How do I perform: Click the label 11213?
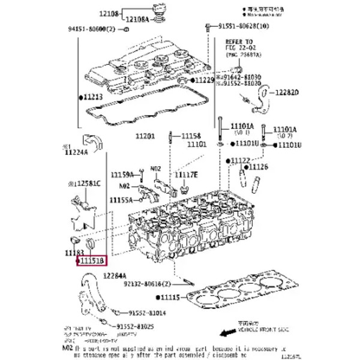pyautogui.click(x=92, y=96)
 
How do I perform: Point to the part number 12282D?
pyautogui.click(x=287, y=93)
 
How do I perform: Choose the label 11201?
pyautogui.click(x=145, y=136)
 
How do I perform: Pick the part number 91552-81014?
pyautogui.click(x=148, y=313)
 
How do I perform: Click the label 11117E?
pyautogui.click(x=186, y=174)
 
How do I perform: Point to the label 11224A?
pyautogui.click(x=76, y=152)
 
